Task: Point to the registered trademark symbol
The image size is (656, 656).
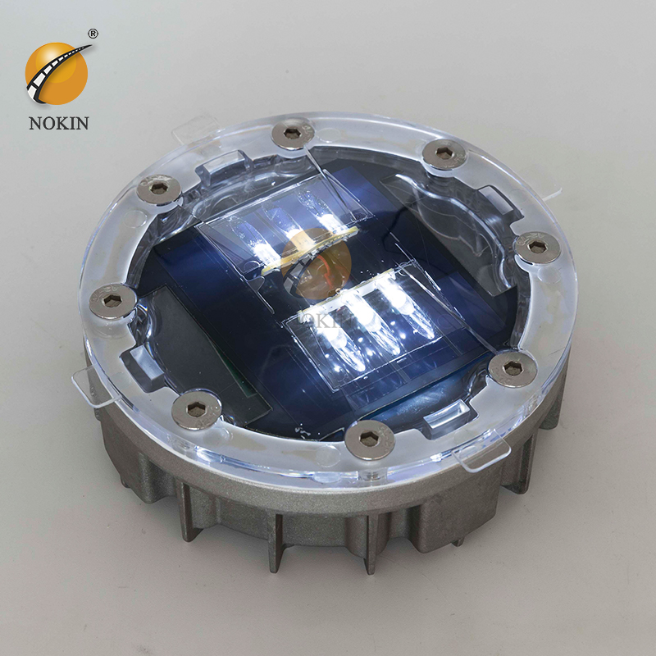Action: point(93,34)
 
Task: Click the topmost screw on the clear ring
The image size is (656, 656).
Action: point(293,133)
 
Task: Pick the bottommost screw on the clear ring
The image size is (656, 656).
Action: point(369,440)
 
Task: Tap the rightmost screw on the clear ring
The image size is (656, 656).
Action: point(537,246)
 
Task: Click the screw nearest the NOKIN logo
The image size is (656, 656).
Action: point(158,191)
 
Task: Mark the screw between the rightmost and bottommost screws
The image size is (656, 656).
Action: point(513,368)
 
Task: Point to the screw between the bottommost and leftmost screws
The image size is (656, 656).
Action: point(199,408)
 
